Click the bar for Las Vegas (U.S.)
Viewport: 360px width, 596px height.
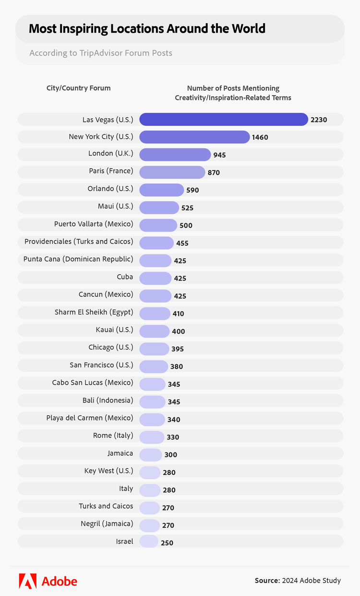(224, 119)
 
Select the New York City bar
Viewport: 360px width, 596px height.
(194, 137)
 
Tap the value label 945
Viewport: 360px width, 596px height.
(220, 155)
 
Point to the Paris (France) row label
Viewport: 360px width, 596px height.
(111, 171)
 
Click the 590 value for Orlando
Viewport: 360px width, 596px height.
(192, 190)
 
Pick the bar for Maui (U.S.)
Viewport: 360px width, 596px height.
(159, 207)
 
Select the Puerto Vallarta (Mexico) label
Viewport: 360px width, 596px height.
(94, 224)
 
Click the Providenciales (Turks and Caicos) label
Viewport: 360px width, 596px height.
(79, 241)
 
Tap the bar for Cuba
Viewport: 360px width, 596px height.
(155, 278)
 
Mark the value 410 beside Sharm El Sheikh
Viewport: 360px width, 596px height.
(178, 314)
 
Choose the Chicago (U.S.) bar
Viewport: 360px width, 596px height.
(154, 348)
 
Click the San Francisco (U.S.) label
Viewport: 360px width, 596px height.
(101, 365)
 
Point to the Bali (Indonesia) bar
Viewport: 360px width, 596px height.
(152, 401)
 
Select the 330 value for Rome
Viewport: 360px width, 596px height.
(173, 437)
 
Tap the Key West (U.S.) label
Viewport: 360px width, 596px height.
(108, 471)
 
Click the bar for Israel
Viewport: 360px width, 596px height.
(149, 541)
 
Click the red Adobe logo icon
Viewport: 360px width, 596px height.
(27, 581)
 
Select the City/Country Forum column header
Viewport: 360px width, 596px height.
(78, 88)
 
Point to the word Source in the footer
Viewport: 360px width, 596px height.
(267, 581)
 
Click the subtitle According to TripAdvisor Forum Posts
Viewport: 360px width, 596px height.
(101, 53)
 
